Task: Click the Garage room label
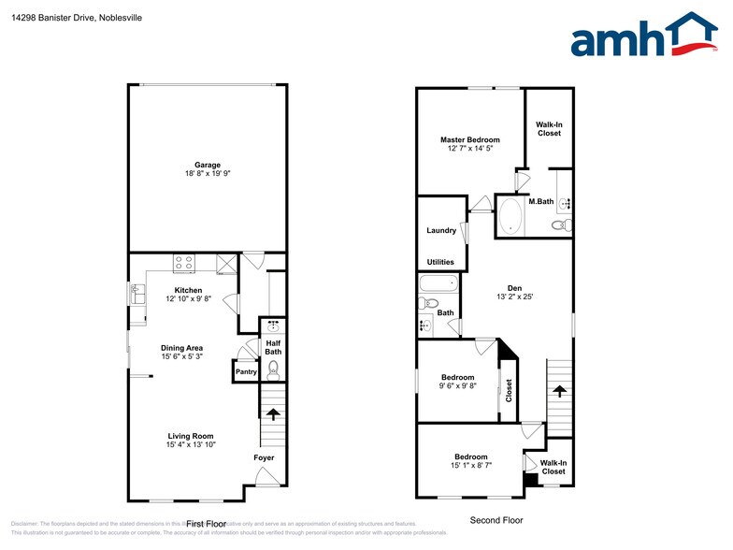(x=208, y=165)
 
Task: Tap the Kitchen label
(x=189, y=290)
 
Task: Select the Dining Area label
(x=181, y=348)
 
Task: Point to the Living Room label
(x=191, y=436)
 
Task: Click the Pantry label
(x=246, y=372)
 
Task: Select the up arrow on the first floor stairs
(x=273, y=412)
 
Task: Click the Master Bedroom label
(x=469, y=140)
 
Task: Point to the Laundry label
(x=441, y=231)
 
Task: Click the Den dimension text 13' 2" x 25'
(x=514, y=297)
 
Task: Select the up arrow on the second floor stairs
(x=559, y=391)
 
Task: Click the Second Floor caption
(x=496, y=520)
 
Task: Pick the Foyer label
(x=264, y=457)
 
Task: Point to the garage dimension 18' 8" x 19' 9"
(x=208, y=174)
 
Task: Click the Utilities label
(x=441, y=263)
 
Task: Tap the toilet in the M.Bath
(x=559, y=225)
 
